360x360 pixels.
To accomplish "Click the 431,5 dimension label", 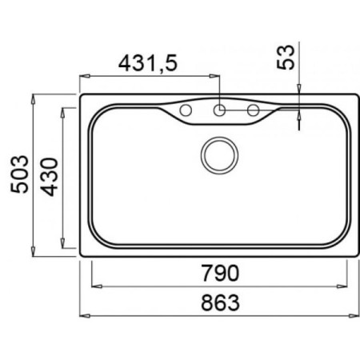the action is click(x=148, y=64).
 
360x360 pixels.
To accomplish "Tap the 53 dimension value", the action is click(x=286, y=58).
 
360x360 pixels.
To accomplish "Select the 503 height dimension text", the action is click(x=19, y=174).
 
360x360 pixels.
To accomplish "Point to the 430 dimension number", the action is click(x=49, y=177).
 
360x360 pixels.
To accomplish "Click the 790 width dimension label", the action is click(x=220, y=273).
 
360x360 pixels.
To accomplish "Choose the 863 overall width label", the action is click(x=220, y=302).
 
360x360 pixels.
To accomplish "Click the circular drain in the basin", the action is click(x=219, y=155).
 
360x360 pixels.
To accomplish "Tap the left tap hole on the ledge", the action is click(x=186, y=110).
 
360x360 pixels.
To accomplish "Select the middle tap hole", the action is click(x=219, y=110).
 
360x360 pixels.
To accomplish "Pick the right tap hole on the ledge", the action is click(x=253, y=110).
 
